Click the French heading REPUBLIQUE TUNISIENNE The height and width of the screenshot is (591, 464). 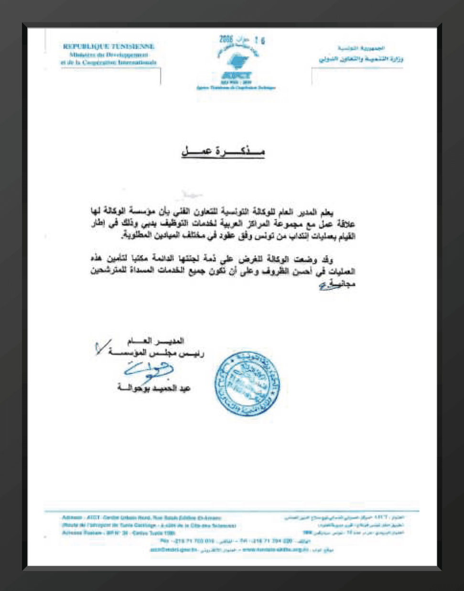[108, 47]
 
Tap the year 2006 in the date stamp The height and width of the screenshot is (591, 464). [226, 39]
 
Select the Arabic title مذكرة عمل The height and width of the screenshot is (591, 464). [223, 152]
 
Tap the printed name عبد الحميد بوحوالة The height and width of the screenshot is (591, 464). [154, 388]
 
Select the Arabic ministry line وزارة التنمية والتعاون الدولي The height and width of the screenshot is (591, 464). [361, 59]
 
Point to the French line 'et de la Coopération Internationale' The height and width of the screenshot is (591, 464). [108, 63]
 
